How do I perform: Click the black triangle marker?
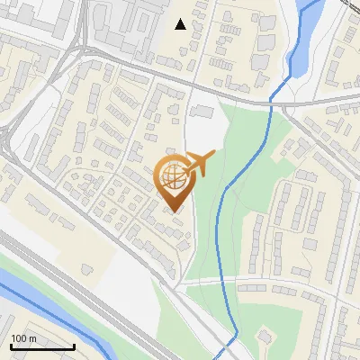click(x=181, y=24)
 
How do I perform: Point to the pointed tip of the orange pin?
click(x=172, y=210)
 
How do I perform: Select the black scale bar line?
click(x=41, y=346)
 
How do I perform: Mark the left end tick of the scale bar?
click(x=10, y=345)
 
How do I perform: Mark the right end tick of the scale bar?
click(x=74, y=345)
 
